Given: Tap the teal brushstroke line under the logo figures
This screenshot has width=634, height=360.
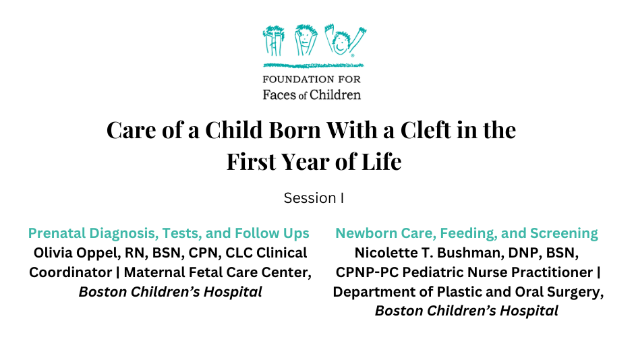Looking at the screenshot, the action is click(x=314, y=65).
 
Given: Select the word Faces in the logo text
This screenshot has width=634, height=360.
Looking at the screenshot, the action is click(x=279, y=95).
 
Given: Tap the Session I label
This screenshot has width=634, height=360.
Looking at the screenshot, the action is click(x=314, y=198).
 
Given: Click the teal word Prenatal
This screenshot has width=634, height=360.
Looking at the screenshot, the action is click(x=57, y=233).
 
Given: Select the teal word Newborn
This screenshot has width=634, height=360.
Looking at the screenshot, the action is click(x=366, y=233).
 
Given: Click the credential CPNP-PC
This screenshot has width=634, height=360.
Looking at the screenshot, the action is click(x=367, y=272).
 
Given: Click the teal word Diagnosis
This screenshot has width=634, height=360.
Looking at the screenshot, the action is click(x=123, y=233).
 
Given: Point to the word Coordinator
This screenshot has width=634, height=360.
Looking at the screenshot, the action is click(x=70, y=272).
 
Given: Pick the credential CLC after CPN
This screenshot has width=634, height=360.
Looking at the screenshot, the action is click(x=239, y=253).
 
